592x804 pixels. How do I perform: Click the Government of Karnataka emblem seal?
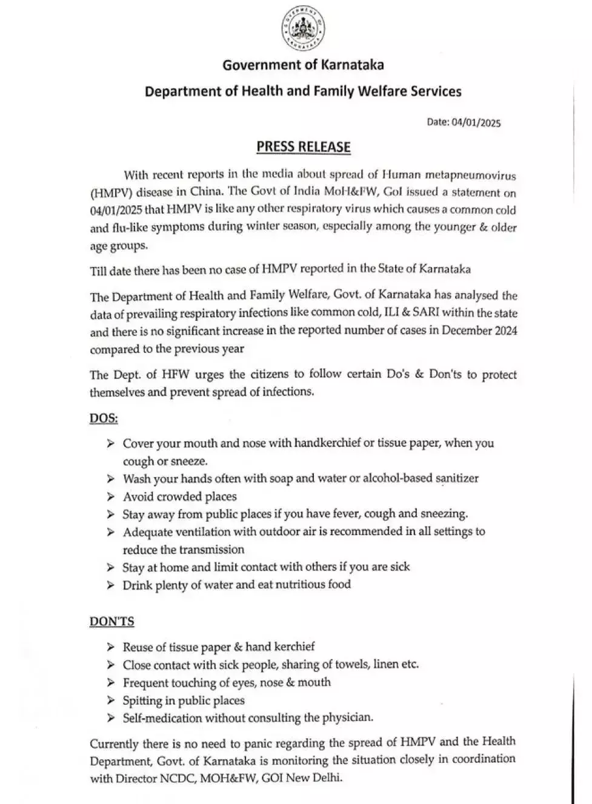pyautogui.click(x=302, y=29)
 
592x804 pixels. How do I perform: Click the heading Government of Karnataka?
pyautogui.click(x=303, y=65)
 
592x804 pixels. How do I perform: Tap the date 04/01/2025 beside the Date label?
pyautogui.click(x=476, y=122)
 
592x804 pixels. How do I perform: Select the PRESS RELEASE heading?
pyautogui.click(x=303, y=147)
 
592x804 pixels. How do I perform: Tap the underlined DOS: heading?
pyautogui.click(x=104, y=418)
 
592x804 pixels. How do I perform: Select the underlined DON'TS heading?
pyautogui.click(x=112, y=622)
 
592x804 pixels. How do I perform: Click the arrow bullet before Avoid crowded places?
pyautogui.click(x=110, y=497)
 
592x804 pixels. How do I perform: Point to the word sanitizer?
pyautogui.click(x=457, y=478)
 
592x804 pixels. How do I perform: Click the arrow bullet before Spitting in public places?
pyautogui.click(x=110, y=700)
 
